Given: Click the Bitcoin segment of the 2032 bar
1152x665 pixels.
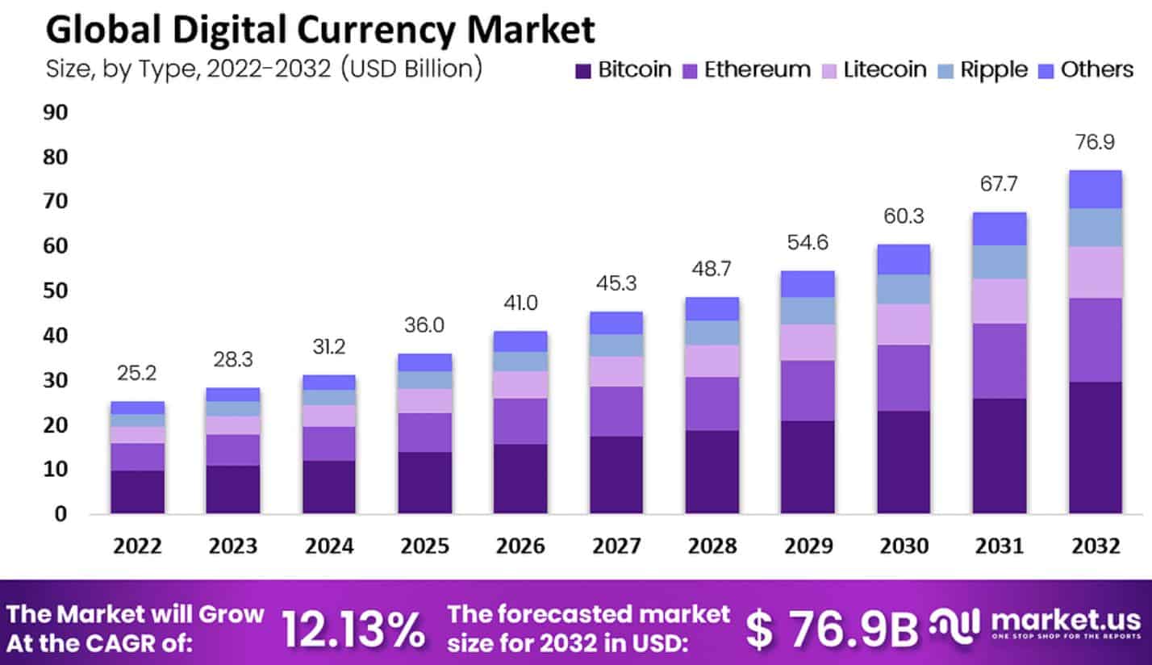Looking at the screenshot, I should click(1095, 447).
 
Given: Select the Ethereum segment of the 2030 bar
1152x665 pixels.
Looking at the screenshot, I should click(904, 378).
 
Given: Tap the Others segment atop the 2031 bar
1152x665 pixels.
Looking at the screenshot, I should click(999, 228).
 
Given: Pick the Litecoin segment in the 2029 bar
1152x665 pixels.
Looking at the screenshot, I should click(808, 342).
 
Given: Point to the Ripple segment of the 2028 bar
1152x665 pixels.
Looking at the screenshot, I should click(712, 332).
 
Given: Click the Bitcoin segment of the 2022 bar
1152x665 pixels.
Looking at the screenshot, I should click(138, 491).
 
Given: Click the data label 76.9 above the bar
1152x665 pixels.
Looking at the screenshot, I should click(1096, 143).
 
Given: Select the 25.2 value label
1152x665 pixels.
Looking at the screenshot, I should click(138, 374).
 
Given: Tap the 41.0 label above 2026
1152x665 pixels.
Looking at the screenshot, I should click(520, 303).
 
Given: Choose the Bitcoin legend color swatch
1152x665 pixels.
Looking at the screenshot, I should click(583, 70).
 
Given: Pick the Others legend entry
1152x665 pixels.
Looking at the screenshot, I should click(1096, 70).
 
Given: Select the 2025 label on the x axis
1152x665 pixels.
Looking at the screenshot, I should click(424, 546).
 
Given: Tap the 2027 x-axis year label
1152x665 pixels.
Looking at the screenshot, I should click(616, 546).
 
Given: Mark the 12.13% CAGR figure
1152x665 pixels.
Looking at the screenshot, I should click(353, 628).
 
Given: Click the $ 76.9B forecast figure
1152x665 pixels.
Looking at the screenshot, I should click(831, 629).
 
